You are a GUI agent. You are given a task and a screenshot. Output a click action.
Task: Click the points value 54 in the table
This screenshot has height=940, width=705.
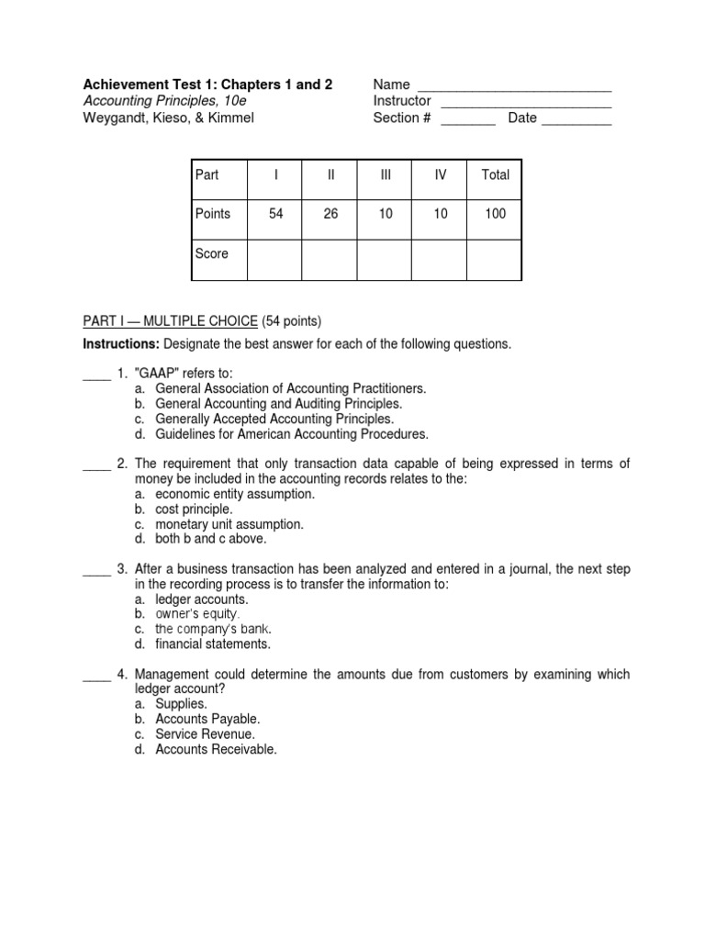click(x=275, y=214)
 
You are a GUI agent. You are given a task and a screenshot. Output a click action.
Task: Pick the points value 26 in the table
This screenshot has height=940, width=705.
click(x=330, y=214)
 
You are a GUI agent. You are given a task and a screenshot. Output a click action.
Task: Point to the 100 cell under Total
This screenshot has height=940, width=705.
click(x=495, y=214)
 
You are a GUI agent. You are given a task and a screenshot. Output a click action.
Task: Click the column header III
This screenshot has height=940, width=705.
click(x=385, y=174)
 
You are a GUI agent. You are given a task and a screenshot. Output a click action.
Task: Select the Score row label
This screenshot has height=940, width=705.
click(x=212, y=253)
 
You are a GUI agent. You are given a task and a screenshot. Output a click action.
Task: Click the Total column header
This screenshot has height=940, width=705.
click(x=495, y=174)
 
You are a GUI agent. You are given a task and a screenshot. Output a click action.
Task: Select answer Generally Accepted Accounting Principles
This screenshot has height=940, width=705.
click(x=274, y=419)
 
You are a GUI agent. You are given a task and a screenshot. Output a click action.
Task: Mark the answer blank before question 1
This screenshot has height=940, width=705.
click(x=96, y=375)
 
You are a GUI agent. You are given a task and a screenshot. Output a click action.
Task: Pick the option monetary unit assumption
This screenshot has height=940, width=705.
click(x=229, y=524)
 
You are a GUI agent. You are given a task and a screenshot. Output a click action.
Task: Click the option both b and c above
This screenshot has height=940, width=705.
click(x=212, y=539)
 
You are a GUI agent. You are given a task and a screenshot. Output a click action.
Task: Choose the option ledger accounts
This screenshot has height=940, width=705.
click(x=202, y=599)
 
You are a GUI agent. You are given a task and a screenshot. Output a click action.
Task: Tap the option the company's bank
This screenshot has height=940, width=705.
click(x=213, y=629)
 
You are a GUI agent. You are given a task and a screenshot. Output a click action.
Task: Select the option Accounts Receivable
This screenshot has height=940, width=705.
click(x=216, y=749)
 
